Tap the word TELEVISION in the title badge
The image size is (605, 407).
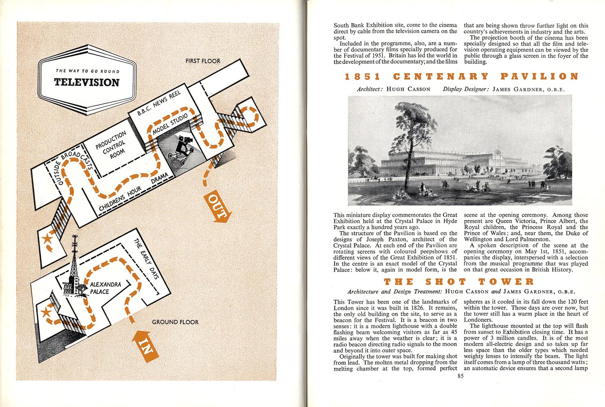pyautogui.click(x=87, y=82)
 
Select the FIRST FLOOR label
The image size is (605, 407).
pyautogui.click(x=203, y=61)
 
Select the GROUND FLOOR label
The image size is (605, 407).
pyautogui.click(x=175, y=322)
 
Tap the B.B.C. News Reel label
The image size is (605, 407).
pyautogui.click(x=159, y=103)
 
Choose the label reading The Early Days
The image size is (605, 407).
pyautogui.click(x=147, y=259)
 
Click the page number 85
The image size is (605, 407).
pyautogui.click(x=460, y=376)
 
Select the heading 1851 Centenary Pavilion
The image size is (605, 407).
pyautogui.click(x=461, y=76)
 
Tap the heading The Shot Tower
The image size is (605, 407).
pyautogui.click(x=458, y=282)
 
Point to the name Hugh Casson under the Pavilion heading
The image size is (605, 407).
pyautogui.click(x=408, y=89)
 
